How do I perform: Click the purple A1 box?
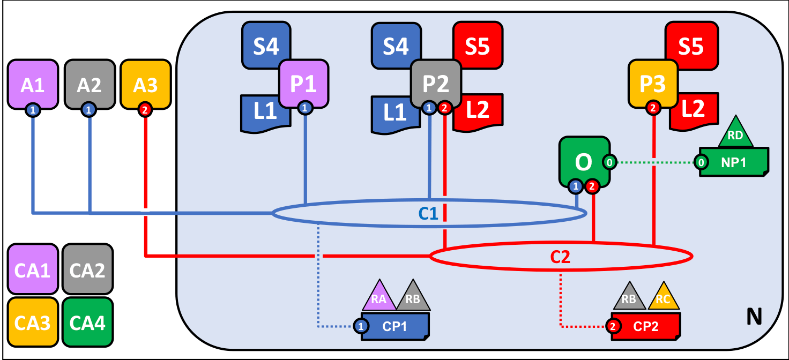point(33,85)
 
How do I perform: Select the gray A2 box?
point(90,85)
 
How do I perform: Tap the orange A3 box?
point(146,85)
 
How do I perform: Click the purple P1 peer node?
point(303,84)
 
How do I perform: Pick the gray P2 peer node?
point(436,84)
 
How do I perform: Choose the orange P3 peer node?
point(653,84)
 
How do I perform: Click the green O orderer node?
point(584,162)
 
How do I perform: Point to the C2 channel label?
point(560,257)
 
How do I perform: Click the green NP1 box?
point(734,162)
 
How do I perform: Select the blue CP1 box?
point(395,326)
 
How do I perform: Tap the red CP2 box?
point(646,326)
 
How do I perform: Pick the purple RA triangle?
point(379,296)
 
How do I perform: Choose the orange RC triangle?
point(664,297)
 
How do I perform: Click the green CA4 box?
point(88,322)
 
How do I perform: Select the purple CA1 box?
point(32,269)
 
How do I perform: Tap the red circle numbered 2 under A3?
point(145,110)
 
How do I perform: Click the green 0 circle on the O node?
point(610,162)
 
